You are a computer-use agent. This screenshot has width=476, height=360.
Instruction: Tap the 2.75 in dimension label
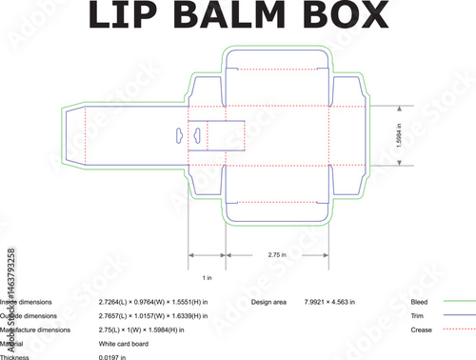coord(277,255)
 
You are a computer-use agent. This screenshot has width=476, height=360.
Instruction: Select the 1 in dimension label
coord(208,277)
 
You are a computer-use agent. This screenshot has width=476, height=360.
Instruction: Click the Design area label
coord(268,301)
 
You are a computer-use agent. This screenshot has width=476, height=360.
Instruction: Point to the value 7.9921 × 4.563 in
coord(329,301)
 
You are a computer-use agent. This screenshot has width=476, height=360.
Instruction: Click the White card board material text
coord(123,343)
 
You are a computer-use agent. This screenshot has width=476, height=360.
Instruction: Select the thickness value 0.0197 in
coord(112,356)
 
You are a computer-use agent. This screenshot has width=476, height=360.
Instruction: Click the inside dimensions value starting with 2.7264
coord(152,301)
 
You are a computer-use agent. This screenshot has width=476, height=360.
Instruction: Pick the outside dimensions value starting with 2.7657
coord(152,315)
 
